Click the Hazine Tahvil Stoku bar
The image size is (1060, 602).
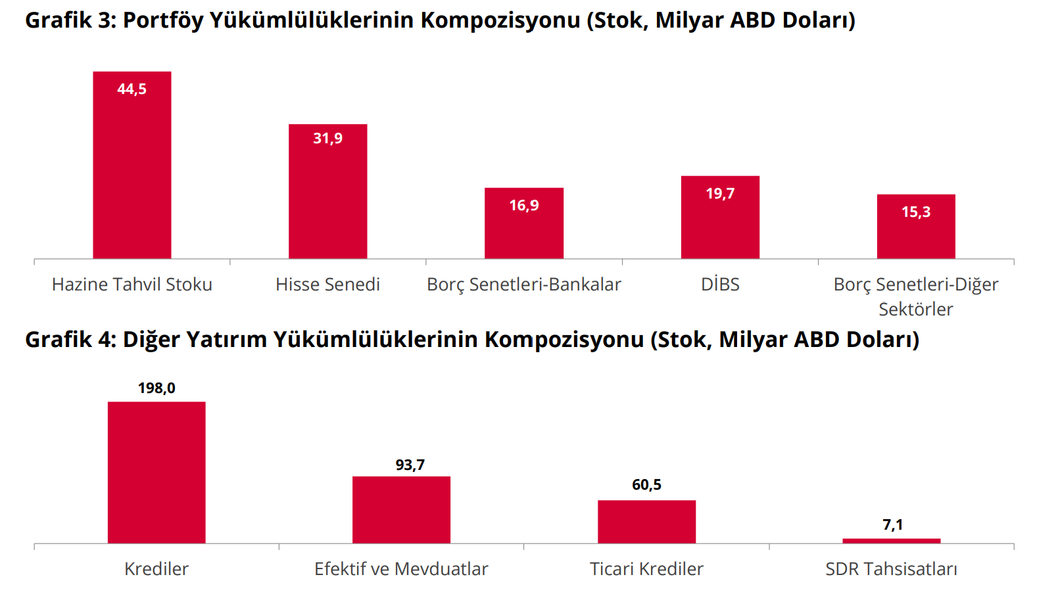[132, 171]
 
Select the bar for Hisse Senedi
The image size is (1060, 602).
[327, 197]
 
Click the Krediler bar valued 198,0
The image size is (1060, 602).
[157, 473]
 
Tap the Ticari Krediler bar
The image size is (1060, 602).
[646, 522]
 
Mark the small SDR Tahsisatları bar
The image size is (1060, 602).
[891, 541]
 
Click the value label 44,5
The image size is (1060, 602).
[132, 89]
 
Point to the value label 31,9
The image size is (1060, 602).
[327, 139]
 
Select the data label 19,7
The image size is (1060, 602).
[720, 194]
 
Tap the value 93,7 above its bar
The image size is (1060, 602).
[410, 465]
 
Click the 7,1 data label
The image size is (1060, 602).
[892, 525]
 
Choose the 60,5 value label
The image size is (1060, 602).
[646, 485]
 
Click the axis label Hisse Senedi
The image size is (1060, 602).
[327, 285]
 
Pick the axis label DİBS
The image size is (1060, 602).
[720, 285]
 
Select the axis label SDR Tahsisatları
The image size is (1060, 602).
[891, 569]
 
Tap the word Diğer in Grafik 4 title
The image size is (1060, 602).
[151, 340]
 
